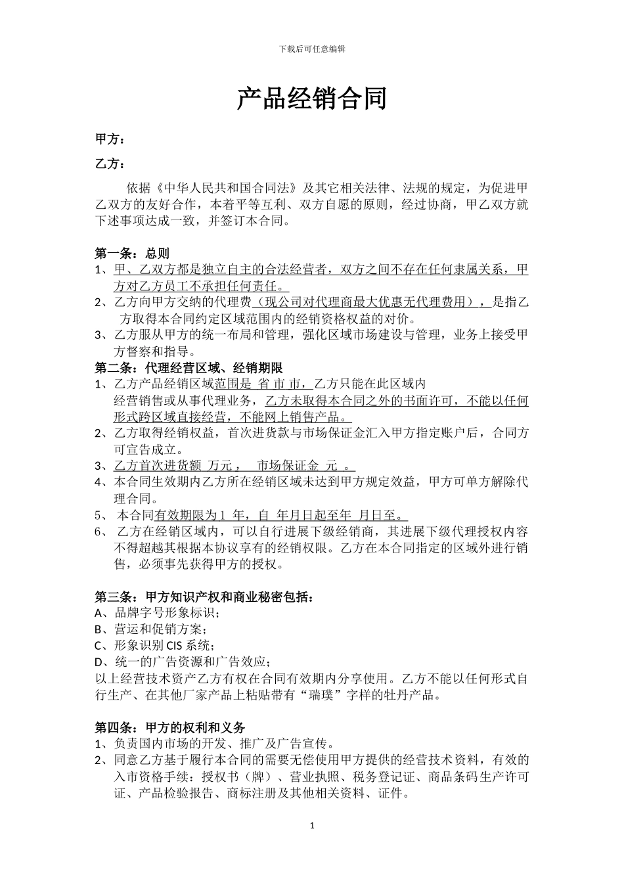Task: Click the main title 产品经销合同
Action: [311, 99]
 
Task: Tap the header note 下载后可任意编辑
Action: [312, 49]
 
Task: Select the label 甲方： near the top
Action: [110, 139]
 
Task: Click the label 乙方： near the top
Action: [110, 164]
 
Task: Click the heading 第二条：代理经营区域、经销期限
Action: [189, 368]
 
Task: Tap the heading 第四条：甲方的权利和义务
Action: [170, 727]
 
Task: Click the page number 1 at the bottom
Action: [312, 825]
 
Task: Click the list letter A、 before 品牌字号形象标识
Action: [104, 613]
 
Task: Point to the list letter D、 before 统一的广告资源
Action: [104, 662]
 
